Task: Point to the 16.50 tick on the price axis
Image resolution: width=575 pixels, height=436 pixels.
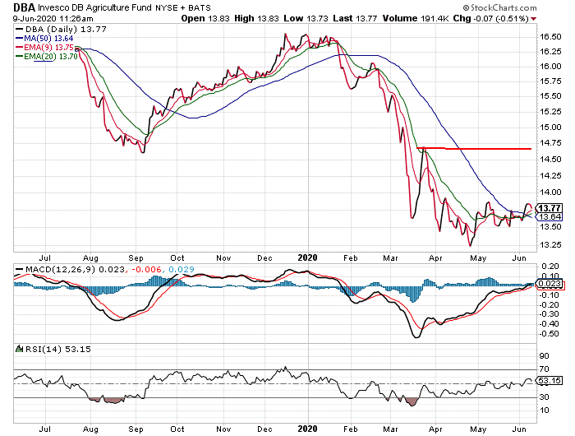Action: pos(550,36)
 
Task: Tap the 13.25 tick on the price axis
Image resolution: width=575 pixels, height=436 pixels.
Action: pos(550,245)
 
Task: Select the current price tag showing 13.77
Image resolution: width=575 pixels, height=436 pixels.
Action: pos(548,208)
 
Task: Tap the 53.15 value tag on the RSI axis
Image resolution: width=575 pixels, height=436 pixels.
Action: pos(548,381)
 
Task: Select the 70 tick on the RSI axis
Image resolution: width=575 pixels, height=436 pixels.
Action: pos(544,368)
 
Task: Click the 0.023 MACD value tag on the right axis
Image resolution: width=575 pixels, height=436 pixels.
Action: pos(548,283)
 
